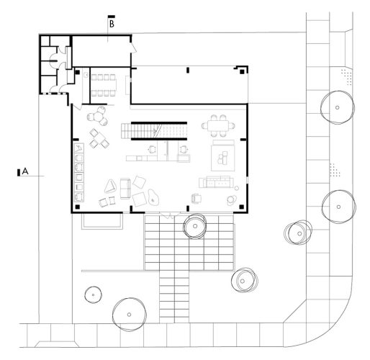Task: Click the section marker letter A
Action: point(26,171)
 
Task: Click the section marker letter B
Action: point(112,24)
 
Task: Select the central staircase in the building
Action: point(155,131)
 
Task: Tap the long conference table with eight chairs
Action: point(106,77)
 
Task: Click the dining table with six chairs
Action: point(218,125)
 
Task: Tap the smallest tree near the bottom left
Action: point(92,294)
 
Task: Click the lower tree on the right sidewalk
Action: point(336,206)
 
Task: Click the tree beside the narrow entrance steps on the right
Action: point(243,280)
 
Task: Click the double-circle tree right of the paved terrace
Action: point(297,232)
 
